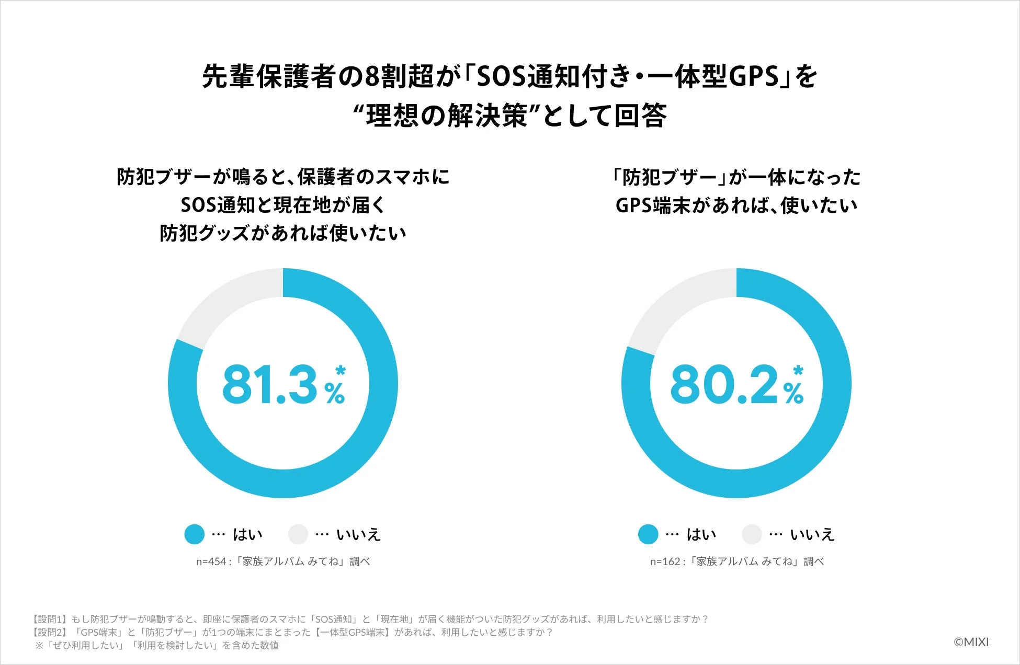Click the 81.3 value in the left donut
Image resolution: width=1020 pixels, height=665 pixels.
270,385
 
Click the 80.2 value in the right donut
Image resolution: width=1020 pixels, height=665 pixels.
724,385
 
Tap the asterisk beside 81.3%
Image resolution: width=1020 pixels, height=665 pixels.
341,371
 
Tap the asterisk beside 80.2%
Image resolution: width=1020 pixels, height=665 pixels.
798,371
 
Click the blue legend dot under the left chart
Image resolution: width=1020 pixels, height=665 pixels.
194,534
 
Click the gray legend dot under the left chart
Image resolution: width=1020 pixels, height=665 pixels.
298,534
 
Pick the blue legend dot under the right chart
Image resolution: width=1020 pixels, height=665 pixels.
648,534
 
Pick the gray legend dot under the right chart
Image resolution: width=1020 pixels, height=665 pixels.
752,534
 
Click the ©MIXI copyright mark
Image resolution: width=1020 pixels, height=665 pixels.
971,642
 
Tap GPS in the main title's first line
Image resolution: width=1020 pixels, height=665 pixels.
754,77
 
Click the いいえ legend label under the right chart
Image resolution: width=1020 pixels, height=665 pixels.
812,534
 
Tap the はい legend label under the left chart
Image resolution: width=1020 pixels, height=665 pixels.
247,534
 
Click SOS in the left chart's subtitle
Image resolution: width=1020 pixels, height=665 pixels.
198,205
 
